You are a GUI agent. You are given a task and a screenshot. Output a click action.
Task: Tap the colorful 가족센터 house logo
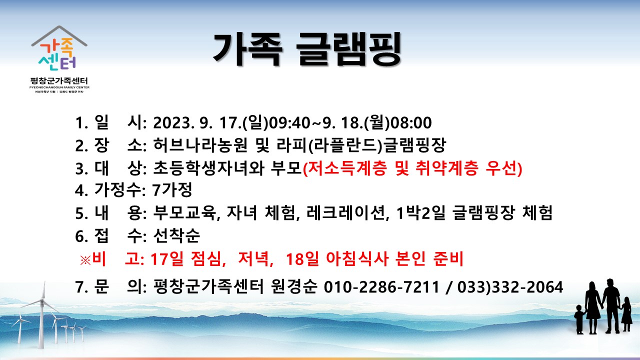click(x=59, y=48)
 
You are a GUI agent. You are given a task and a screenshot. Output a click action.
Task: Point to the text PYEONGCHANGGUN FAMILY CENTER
click(x=59, y=87)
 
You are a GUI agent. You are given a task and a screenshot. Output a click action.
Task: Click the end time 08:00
click(x=411, y=123)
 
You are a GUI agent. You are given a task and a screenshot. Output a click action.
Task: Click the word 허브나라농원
click(x=200, y=145)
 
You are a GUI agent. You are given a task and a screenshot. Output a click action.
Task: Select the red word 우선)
click(x=503, y=167)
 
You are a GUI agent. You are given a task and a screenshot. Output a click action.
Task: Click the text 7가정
click(x=172, y=189)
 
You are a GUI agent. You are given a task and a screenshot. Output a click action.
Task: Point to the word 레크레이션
click(x=345, y=213)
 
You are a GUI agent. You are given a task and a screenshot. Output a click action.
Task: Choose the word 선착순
click(x=176, y=235)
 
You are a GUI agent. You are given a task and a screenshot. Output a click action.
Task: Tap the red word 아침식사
click(x=357, y=259)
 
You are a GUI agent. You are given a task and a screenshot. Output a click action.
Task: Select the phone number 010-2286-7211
click(x=381, y=287)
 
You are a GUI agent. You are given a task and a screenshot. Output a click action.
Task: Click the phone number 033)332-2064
click(x=510, y=287)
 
